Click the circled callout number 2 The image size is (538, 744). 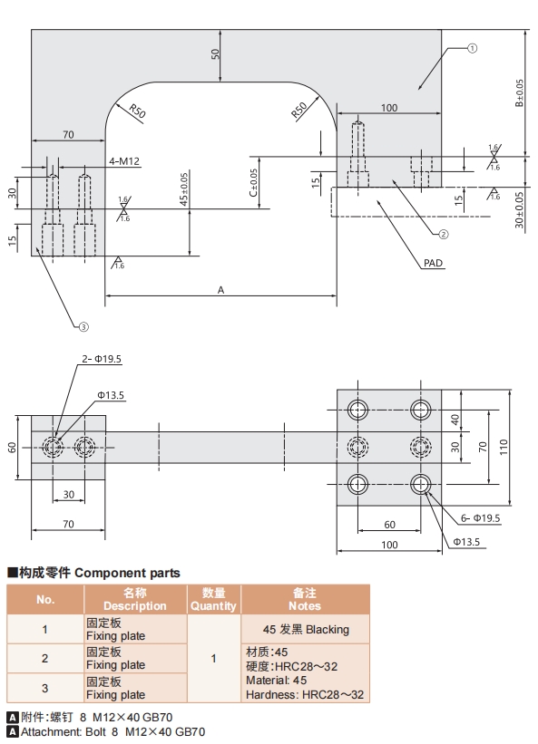pyautogui.click(x=444, y=233)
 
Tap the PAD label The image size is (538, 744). pyautogui.click(x=433, y=264)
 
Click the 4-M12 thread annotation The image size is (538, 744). pyautogui.click(x=124, y=161)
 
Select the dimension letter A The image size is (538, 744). pyautogui.click(x=220, y=289)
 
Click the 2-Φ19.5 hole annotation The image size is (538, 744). pyautogui.click(x=102, y=360)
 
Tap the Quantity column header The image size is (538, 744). pyautogui.click(x=213, y=600)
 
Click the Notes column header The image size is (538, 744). pyautogui.click(x=305, y=600)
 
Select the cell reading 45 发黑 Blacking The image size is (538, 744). pyautogui.click(x=305, y=630)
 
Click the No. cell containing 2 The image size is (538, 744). pyautogui.click(x=45, y=658)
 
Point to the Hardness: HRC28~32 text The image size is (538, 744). pyautogui.click(x=305, y=694)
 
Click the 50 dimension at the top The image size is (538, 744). pyautogui.click(x=216, y=53)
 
